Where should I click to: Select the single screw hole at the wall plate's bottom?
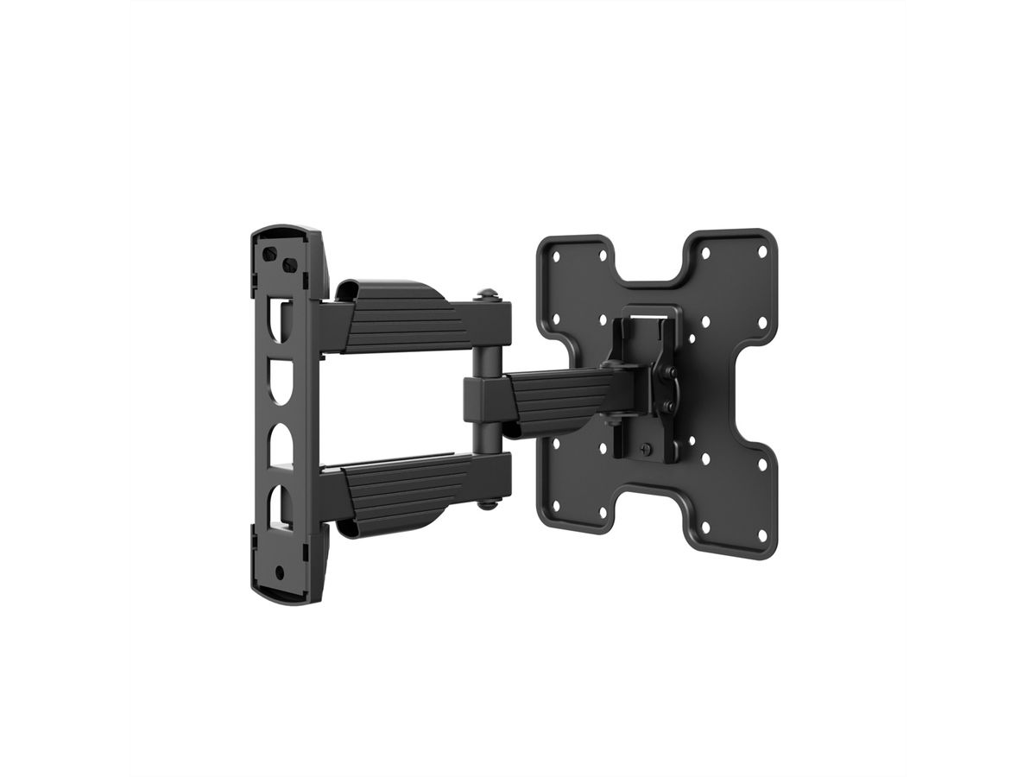pyautogui.click(x=280, y=571)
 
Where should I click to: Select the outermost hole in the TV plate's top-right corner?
pyautogui.click(x=761, y=250)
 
